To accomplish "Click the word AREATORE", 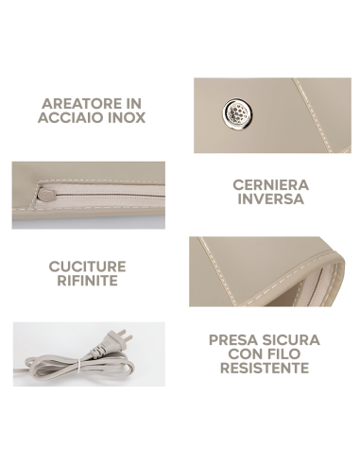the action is (83, 104).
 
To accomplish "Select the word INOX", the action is (127, 117).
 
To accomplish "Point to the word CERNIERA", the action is (270, 185).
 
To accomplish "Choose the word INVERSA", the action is (270, 199).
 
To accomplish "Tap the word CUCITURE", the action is (87, 267).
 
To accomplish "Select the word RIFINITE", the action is (87, 281).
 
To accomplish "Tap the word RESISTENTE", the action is (265, 368).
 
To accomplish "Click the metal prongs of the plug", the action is (126, 336).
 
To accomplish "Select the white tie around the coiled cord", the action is (78, 367).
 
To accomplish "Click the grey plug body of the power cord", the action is (107, 347).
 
